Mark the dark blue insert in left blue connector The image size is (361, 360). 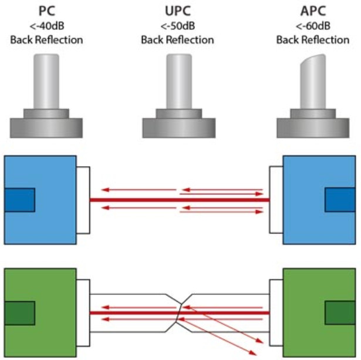(x=19, y=200)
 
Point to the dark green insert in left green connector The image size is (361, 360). (x=19, y=313)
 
